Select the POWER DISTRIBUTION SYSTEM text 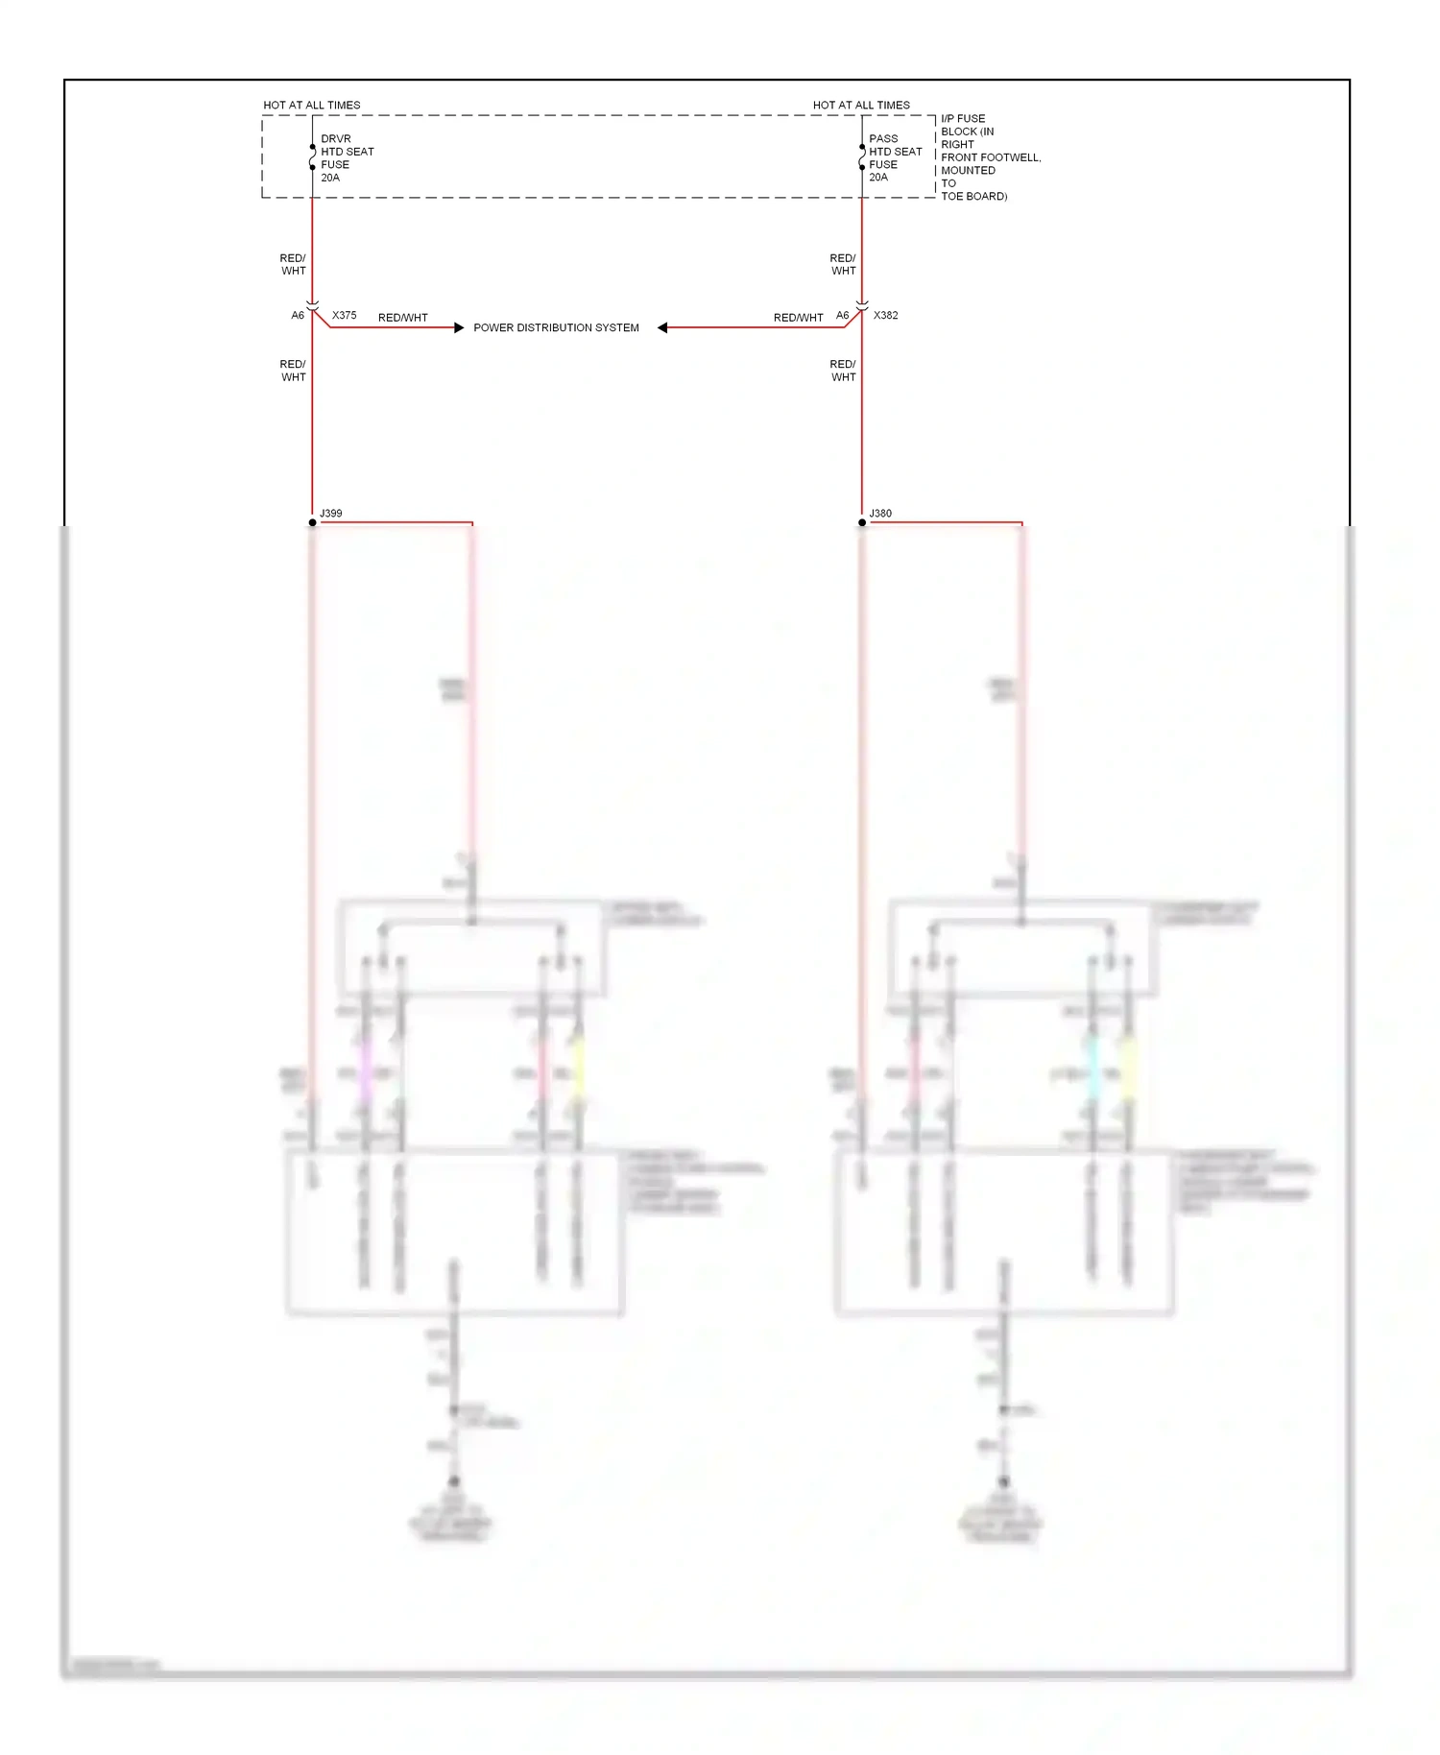[556, 327]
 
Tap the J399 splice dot [312, 522]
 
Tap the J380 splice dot [862, 522]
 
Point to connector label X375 [344, 315]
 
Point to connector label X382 [885, 315]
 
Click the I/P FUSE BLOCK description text [988, 157]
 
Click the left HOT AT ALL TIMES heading [312, 105]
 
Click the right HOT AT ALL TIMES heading [861, 105]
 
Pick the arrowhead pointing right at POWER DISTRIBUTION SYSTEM [459, 327]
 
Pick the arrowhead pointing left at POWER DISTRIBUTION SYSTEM [662, 327]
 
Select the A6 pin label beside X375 [298, 315]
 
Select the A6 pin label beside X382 [842, 315]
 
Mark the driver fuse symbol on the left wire [312, 157]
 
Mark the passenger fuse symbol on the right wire [862, 157]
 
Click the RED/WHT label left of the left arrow [402, 318]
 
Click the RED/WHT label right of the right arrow [798, 318]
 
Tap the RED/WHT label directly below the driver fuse [293, 264]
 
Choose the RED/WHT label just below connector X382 [843, 371]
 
